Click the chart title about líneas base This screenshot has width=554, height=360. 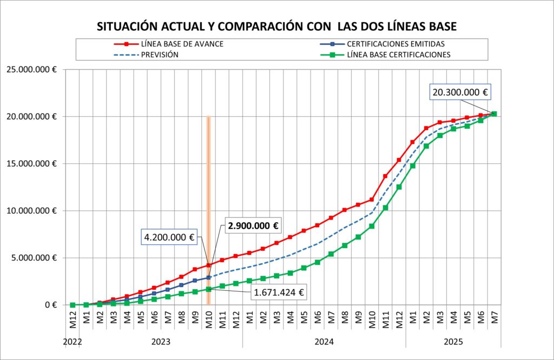pyautogui.click(x=276, y=26)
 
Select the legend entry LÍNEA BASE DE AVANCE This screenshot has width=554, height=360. pyautogui.click(x=181, y=44)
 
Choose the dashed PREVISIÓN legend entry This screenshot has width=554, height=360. pyautogui.click(x=160, y=55)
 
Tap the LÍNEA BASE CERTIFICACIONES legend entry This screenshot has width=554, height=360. pyautogui.click(x=398, y=55)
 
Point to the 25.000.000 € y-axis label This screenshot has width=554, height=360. pyautogui.click(x=31, y=69)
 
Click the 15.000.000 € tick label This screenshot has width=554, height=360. pyautogui.click(x=31, y=164)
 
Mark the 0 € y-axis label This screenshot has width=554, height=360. pyautogui.click(x=51, y=305)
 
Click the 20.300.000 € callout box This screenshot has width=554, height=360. pyautogui.click(x=460, y=92)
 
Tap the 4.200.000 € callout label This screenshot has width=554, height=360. pyautogui.click(x=169, y=237)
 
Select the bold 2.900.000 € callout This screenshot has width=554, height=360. pyautogui.click(x=253, y=226)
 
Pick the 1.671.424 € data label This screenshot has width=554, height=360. pyautogui.click(x=278, y=294)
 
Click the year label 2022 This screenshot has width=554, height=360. pyautogui.click(x=72, y=342)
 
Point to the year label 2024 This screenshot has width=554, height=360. pyautogui.click(x=324, y=342)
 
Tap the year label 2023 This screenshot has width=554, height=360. pyautogui.click(x=161, y=342)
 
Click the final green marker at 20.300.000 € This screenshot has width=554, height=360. pyautogui.click(x=494, y=114)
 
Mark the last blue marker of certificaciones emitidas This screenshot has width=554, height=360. pyautogui.click(x=208, y=277)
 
